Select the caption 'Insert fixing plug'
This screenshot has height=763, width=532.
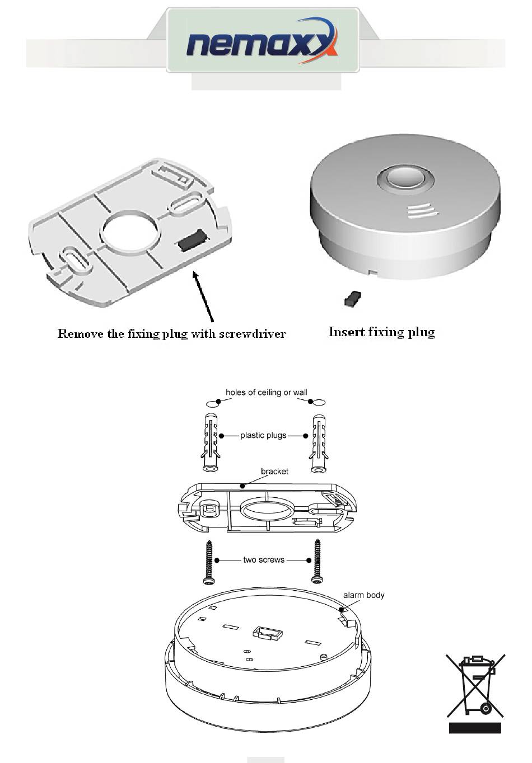coord(381,332)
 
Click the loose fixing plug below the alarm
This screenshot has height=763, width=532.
coord(352,299)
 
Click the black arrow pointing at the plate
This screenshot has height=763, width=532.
coord(203,296)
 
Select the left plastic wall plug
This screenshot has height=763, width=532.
coord(210,443)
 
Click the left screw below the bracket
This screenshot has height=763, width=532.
coord(209,562)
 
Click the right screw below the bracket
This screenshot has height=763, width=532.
coord(318,562)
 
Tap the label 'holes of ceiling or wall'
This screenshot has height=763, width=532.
coord(266,393)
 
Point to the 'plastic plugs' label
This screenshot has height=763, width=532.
coord(263,435)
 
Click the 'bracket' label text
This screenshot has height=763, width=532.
coord(274,472)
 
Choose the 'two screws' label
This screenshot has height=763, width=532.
coord(263,560)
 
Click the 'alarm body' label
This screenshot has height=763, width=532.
coord(363,595)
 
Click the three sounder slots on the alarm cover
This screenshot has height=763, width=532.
coord(420,211)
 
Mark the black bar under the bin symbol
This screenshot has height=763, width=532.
coord(475,728)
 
